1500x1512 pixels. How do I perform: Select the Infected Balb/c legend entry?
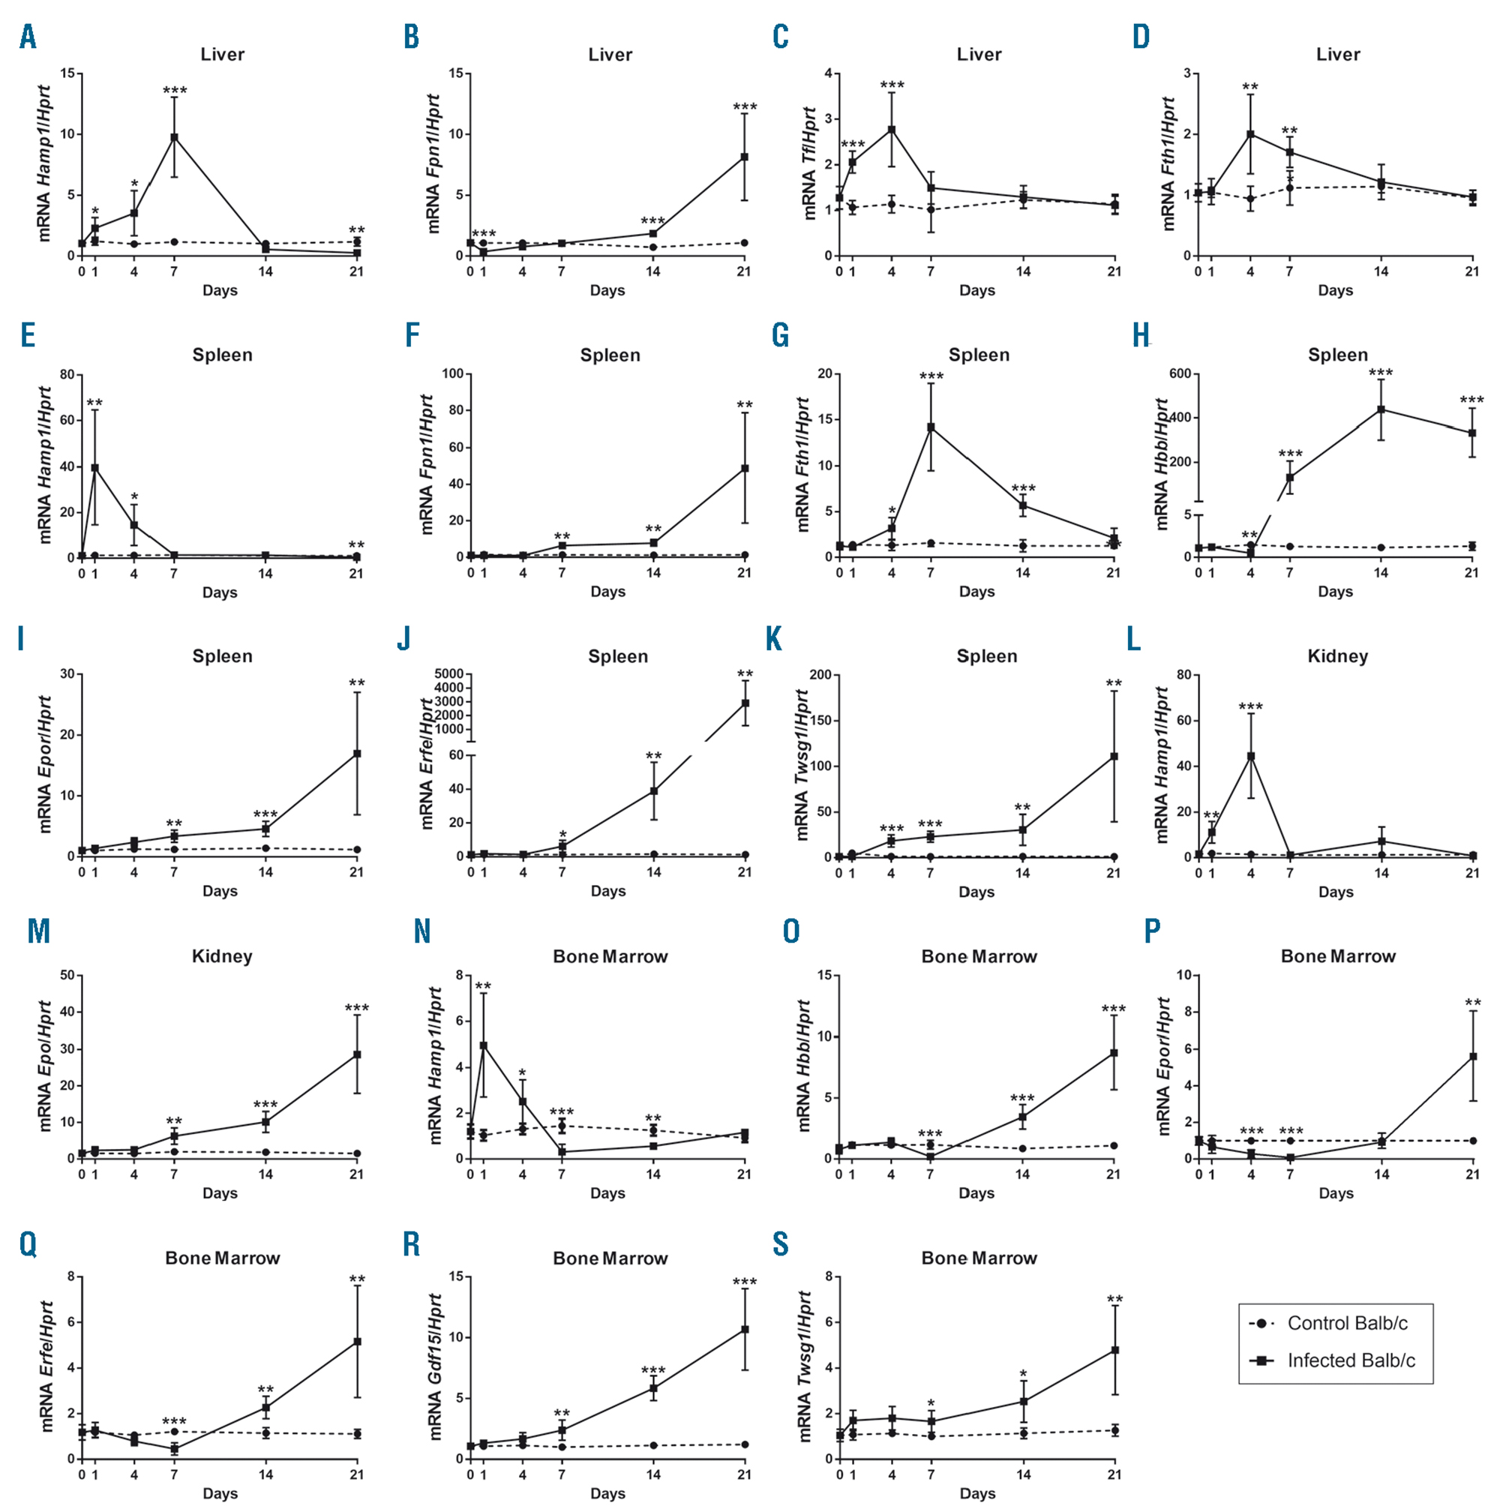pos(1351,1360)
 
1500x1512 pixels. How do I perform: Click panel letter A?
pos(28,37)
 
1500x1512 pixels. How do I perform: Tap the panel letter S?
pos(781,1243)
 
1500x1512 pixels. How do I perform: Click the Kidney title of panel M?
pos(222,956)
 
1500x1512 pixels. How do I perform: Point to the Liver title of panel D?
pos(1338,55)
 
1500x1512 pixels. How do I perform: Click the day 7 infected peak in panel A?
pos(175,137)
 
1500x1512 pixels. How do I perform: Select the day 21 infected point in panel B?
pos(744,157)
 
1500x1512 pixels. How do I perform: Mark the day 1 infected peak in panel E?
pos(94,467)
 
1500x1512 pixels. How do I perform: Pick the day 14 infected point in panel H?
pos(1381,409)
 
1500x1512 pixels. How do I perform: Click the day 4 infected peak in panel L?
pos(1250,756)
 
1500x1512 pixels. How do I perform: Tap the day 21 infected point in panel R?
pos(744,1330)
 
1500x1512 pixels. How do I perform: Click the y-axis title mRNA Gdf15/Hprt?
pos(436,1366)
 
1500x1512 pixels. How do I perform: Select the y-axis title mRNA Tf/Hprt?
pos(809,163)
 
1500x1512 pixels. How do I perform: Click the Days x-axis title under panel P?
pos(1335,1193)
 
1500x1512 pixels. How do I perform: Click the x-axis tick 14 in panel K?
pos(1022,872)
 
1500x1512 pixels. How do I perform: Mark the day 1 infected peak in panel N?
pos(484,1045)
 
